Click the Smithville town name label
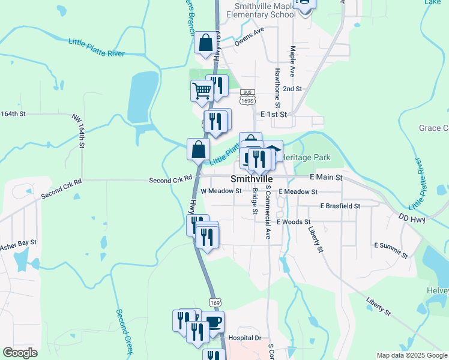coord(252,179)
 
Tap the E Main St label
coord(325,178)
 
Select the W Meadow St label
coord(221,191)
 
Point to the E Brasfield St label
coord(340,206)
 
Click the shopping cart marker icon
coord(202,91)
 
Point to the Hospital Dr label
coord(246,338)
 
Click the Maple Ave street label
coord(292,61)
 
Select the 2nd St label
coord(292,89)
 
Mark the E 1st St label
coord(275,113)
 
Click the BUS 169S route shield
coord(246,97)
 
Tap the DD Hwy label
coord(411,220)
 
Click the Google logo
coord(20,353)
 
